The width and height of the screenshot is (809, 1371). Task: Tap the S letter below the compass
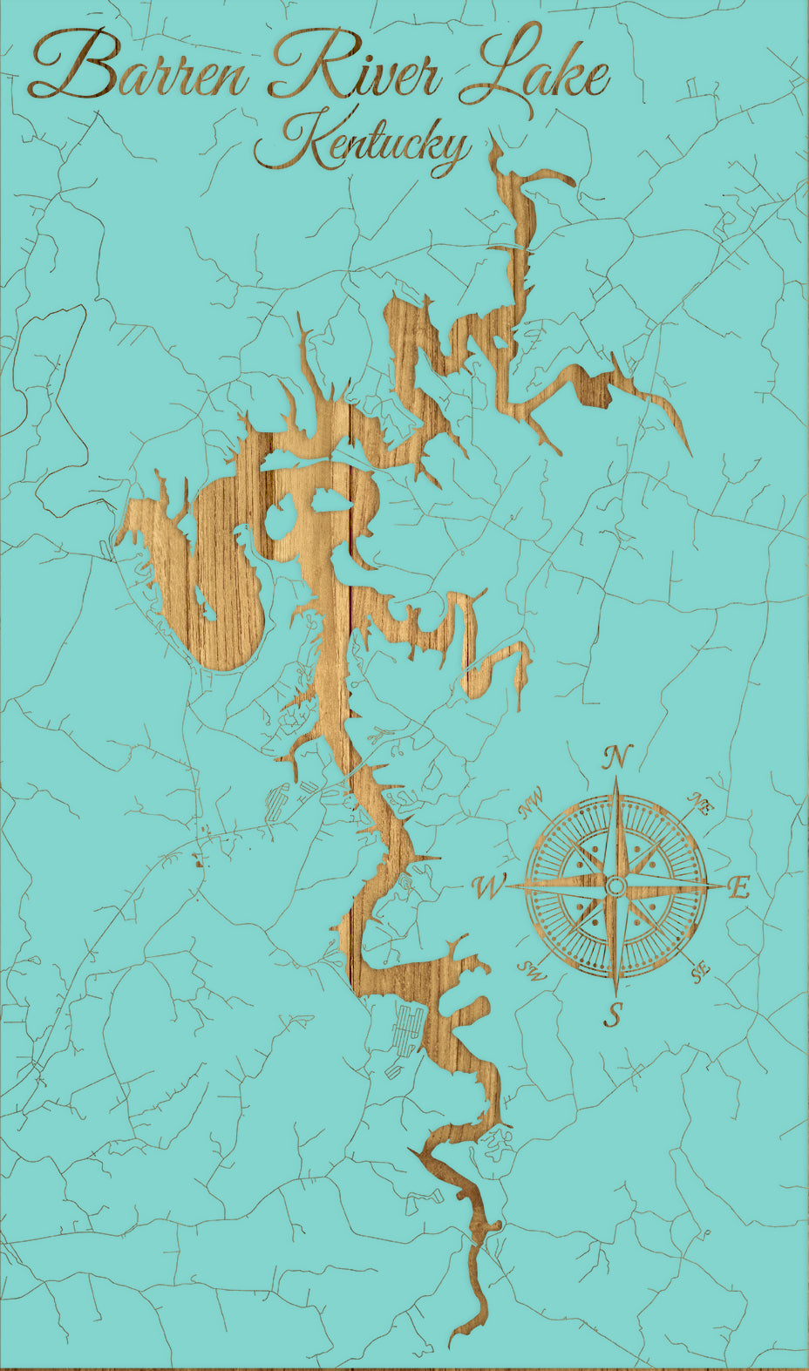[x=615, y=1014]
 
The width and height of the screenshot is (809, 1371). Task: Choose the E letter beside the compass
[x=738, y=889]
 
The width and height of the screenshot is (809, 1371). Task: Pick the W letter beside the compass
[x=488, y=888]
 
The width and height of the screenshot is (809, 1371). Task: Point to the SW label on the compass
[x=532, y=971]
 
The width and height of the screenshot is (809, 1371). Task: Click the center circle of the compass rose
[x=615, y=886]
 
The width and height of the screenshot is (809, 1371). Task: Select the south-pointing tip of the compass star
[x=615, y=995]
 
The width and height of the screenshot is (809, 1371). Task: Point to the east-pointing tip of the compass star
[x=724, y=886]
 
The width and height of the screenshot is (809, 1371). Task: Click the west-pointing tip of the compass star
[x=507, y=886]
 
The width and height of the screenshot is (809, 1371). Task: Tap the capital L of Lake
[x=488, y=65]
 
